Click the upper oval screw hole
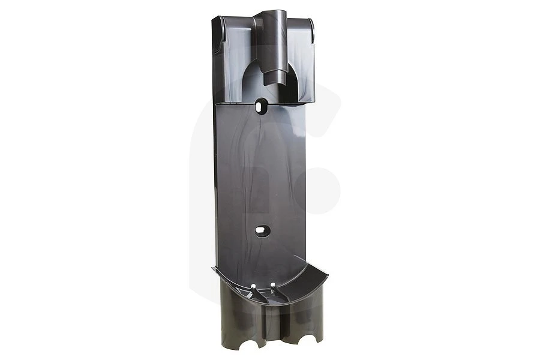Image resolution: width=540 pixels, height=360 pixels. coord(261,107)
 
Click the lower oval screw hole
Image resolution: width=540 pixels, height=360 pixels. coord(262,230)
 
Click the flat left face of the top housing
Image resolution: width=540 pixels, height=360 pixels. coord(234,60)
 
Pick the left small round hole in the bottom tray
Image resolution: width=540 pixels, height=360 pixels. coord(253,286)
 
